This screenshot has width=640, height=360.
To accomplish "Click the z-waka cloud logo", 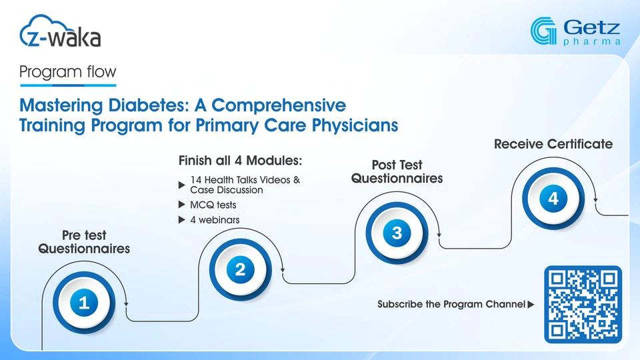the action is [60, 31].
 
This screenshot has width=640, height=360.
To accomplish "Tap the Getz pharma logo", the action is [575, 31].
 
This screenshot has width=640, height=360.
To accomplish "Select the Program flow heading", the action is [68, 72].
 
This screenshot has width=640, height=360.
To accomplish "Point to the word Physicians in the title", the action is [355, 125].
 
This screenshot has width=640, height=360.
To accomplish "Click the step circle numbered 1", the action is [84, 303].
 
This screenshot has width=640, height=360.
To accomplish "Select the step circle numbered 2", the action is [241, 269].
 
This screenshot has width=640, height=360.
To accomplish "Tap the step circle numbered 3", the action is [397, 233].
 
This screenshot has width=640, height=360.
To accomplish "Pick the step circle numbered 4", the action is [553, 199].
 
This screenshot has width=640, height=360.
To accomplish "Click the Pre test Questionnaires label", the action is [84, 241].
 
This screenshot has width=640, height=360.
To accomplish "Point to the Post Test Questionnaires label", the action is [397, 171].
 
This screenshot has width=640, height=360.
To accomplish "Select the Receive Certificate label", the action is [553, 144].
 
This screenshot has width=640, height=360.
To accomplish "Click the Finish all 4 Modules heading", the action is [241, 161].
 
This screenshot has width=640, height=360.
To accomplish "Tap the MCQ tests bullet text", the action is [213, 205].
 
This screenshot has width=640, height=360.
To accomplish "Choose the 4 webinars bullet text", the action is [215, 220].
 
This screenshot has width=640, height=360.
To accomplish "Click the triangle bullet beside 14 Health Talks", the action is [182, 185].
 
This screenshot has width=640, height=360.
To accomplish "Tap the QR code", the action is [583, 305].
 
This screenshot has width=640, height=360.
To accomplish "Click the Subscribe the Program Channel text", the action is [451, 304].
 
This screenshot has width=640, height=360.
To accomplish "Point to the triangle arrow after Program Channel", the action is [531, 305].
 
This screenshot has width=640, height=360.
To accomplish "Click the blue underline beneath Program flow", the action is [68, 85].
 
